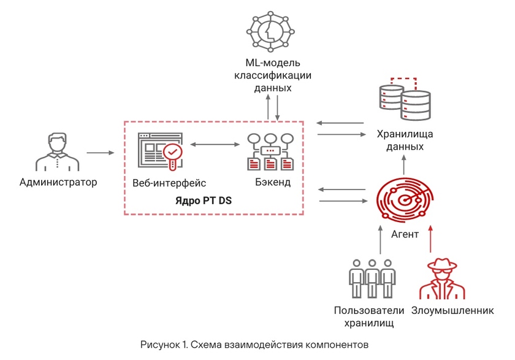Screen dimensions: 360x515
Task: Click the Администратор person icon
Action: tap(58, 151)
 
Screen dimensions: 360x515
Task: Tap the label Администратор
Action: tap(58, 182)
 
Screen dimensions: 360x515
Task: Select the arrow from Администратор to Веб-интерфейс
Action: tap(100, 151)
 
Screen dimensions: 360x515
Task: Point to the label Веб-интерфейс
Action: tap(169, 183)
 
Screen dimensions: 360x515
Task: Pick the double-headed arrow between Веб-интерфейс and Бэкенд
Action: tap(214, 145)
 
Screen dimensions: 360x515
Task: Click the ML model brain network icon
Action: tap(270, 31)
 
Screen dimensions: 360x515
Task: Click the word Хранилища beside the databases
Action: tap(404, 134)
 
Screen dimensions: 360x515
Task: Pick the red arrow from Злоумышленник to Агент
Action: tap(431, 240)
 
